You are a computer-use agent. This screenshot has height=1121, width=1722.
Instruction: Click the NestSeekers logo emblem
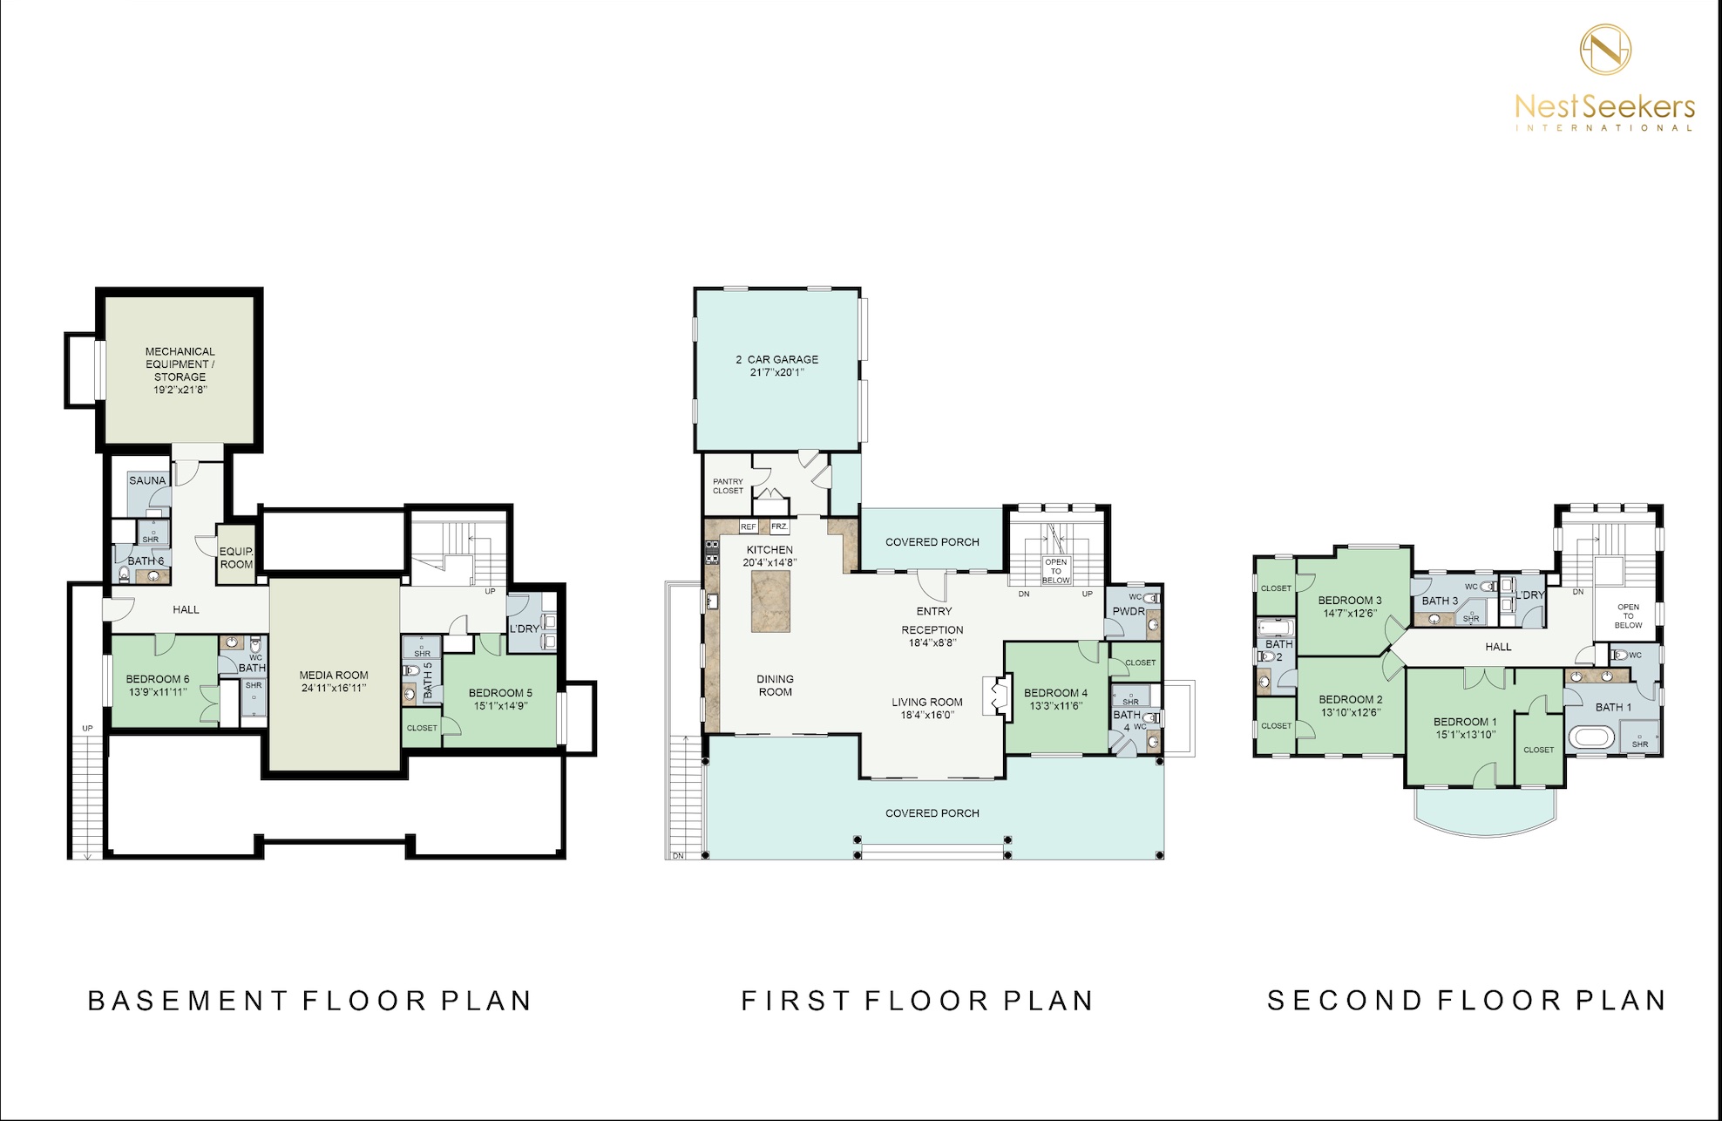click(x=1606, y=49)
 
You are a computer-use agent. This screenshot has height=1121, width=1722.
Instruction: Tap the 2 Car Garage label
click(x=777, y=359)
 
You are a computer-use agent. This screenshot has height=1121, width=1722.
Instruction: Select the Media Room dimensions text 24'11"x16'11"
click(x=334, y=688)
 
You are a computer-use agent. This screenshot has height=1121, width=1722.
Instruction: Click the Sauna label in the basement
click(x=147, y=480)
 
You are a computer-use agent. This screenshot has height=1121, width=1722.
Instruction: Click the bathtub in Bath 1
click(x=1592, y=740)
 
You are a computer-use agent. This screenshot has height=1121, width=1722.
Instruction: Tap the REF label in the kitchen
click(x=749, y=527)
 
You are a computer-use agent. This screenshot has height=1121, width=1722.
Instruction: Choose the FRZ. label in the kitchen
click(x=779, y=527)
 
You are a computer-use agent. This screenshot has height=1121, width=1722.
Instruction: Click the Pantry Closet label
click(x=729, y=486)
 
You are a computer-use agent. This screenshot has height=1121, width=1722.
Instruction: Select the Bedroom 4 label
click(x=1056, y=693)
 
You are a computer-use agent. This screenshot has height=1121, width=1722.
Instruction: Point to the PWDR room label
click(x=1129, y=611)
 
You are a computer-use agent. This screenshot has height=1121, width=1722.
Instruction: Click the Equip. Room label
click(x=236, y=558)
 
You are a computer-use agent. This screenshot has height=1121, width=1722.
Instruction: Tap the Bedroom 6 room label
click(x=158, y=679)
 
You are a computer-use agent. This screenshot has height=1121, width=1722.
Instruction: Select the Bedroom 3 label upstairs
click(x=1350, y=600)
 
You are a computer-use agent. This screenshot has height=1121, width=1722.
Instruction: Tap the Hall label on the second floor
click(x=1498, y=647)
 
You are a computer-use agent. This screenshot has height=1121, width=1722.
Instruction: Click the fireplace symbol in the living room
click(x=995, y=696)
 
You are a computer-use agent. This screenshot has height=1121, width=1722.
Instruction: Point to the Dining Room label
click(x=775, y=685)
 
